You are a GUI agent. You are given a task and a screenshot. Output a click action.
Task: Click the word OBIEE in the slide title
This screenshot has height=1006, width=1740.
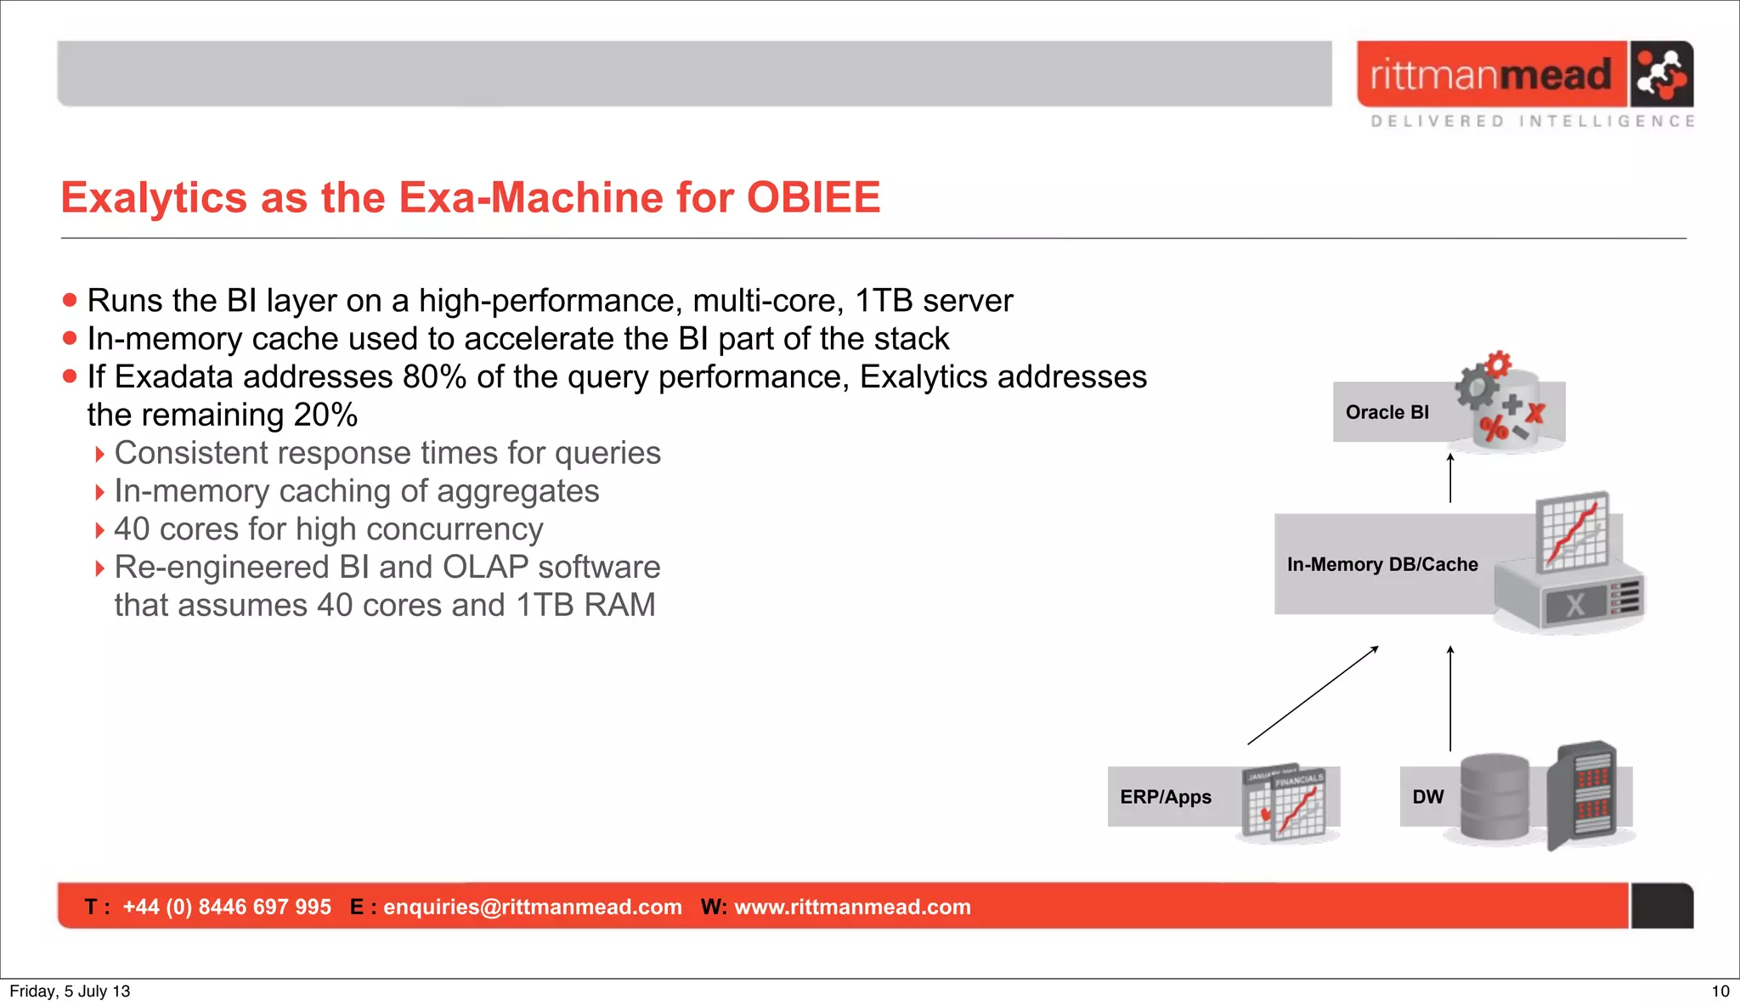pyautogui.click(x=813, y=198)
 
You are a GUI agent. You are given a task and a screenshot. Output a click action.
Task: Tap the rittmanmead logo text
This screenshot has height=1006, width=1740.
pyautogui.click(x=1490, y=76)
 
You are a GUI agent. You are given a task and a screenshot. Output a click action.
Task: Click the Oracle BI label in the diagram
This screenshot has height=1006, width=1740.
pyautogui.click(x=1387, y=412)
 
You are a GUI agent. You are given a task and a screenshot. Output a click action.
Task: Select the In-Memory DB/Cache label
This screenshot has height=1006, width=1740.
pyautogui.click(x=1382, y=564)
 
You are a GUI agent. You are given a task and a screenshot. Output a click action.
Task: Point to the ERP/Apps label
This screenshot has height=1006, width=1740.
pyautogui.click(x=1166, y=797)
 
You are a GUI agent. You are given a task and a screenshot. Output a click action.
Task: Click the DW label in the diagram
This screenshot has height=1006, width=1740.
pyautogui.click(x=1427, y=797)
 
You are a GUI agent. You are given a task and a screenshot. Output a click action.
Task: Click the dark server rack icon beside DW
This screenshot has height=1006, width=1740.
pyautogui.click(x=1582, y=794)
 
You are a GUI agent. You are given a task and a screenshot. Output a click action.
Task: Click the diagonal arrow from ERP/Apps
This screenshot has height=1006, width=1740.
pyautogui.click(x=1313, y=695)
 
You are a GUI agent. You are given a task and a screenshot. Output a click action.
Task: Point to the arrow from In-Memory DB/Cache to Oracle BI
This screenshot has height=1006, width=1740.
pyautogui.click(x=1450, y=478)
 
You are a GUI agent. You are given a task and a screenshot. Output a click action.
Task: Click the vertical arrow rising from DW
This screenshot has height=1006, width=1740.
pyautogui.click(x=1450, y=698)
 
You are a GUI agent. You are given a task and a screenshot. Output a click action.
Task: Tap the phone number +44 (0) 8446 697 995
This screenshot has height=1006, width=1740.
pyautogui.click(x=227, y=907)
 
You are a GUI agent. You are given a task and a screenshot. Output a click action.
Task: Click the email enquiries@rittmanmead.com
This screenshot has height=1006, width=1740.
pyautogui.click(x=532, y=907)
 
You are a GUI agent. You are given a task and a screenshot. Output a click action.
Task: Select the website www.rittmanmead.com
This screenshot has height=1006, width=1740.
pyautogui.click(x=852, y=907)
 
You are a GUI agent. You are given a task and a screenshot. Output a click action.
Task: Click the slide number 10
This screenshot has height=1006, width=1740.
pyautogui.click(x=1720, y=991)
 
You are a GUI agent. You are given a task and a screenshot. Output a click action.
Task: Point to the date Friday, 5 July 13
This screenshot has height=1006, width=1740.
pyautogui.click(x=70, y=991)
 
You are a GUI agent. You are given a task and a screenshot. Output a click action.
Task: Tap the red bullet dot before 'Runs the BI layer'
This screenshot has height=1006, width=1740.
pyautogui.click(x=70, y=300)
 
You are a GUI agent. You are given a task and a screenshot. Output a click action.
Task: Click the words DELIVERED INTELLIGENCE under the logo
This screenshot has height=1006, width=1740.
pyautogui.click(x=1533, y=122)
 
